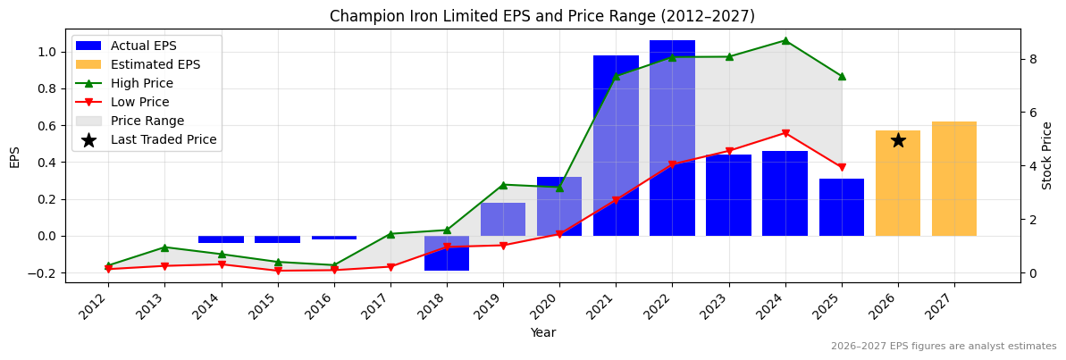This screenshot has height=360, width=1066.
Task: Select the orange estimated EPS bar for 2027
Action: pos(954,179)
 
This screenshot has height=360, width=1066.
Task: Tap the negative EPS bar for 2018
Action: pos(447,253)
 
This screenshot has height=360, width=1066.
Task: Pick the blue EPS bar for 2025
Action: pos(842,207)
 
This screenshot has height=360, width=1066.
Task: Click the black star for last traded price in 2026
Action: pos(898,140)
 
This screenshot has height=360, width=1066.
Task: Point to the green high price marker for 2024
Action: pos(785,40)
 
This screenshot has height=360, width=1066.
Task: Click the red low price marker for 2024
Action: pos(785,133)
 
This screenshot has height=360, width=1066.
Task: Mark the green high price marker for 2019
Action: pos(503,185)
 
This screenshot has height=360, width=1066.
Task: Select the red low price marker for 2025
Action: pos(842,167)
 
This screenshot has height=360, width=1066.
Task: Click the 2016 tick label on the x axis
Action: pos(329,305)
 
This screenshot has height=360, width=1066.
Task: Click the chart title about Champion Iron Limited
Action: pos(541,16)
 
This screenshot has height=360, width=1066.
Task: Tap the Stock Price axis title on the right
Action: pos(1047,155)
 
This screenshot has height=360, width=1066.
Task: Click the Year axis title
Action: pos(542,332)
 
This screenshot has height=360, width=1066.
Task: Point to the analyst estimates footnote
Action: pos(944,347)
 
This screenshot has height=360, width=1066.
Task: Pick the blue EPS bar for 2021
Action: pos(616,146)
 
